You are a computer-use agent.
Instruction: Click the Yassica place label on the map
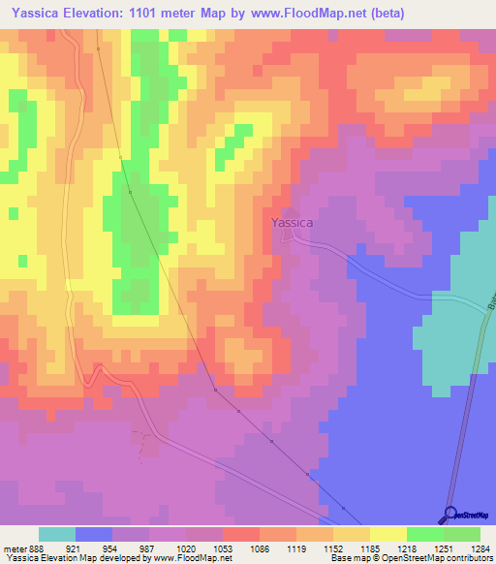[292, 223]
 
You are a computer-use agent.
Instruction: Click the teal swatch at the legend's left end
[57, 534]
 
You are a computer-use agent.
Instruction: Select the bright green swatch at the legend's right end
[462, 534]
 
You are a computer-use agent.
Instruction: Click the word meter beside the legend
[14, 548]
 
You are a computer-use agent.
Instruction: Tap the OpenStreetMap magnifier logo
[449, 514]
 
